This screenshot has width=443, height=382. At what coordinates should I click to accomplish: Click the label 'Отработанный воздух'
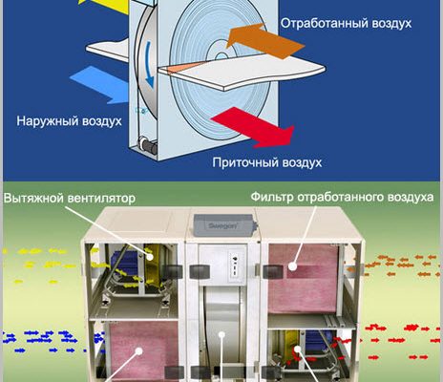(346, 24)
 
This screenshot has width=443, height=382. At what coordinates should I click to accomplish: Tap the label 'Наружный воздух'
(69, 121)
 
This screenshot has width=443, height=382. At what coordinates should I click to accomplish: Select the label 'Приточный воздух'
(267, 162)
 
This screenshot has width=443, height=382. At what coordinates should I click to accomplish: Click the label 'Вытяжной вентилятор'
(70, 199)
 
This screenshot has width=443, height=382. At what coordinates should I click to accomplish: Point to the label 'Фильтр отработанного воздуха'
(342, 197)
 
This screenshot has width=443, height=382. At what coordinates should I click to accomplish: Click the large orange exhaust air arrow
(265, 41)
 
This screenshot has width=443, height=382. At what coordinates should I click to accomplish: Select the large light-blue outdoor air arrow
(99, 84)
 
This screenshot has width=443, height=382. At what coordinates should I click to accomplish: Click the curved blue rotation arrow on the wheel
(149, 65)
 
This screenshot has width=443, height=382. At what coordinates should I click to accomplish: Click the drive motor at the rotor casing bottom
(148, 144)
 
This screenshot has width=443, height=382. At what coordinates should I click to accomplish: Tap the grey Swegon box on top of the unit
(225, 225)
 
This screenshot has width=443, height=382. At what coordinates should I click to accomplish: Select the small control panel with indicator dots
(236, 266)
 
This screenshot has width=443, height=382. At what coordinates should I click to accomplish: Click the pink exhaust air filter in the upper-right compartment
(303, 279)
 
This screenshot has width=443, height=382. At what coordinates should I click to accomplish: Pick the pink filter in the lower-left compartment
(143, 350)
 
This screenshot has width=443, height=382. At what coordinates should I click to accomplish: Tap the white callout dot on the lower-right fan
(297, 349)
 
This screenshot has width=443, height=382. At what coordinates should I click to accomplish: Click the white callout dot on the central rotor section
(221, 335)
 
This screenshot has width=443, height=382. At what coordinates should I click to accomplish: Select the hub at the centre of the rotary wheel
(221, 56)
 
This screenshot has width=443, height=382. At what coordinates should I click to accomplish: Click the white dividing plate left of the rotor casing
(109, 50)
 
